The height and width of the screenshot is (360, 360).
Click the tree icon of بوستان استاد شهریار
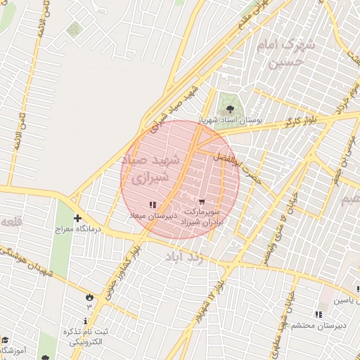pyautogui.click(x=229, y=108)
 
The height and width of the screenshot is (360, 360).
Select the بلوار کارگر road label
pyautogui.click(x=300, y=121)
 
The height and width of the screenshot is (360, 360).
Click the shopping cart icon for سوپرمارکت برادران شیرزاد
pyautogui.click(x=203, y=201)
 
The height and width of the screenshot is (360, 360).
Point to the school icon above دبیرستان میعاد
pyautogui.click(x=153, y=205)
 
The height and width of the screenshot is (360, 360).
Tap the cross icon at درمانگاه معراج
pyautogui.click(x=78, y=218)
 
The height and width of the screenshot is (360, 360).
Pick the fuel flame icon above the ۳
pyautogui.click(x=89, y=296)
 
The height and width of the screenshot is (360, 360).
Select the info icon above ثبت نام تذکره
pyautogui.click(x=86, y=321)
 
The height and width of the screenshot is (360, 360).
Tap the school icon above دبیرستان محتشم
pyautogui.click(x=318, y=314)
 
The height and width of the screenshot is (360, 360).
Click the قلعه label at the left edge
pyautogui.click(x=10, y=222)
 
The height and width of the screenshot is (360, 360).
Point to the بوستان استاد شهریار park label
pyautogui.click(x=231, y=120)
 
